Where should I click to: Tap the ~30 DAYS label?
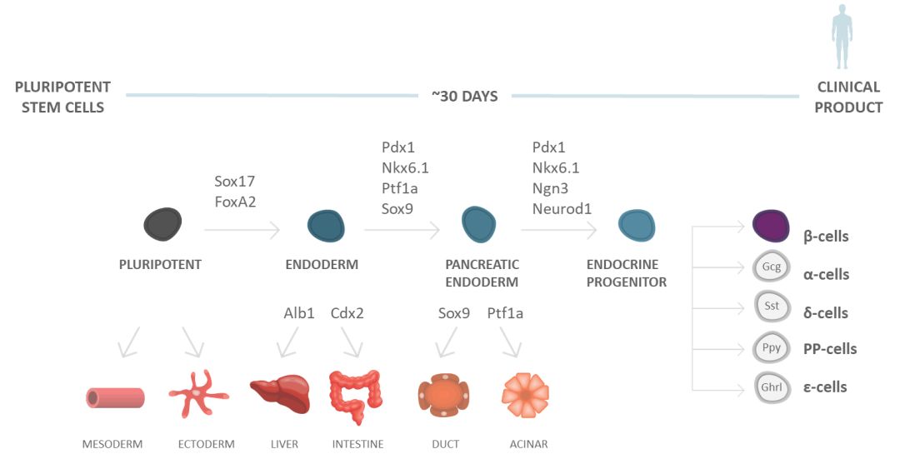pos(464,96)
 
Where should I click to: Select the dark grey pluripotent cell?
pos(162,223)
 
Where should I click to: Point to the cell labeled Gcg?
pos(772,267)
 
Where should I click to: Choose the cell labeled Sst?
pos(772,306)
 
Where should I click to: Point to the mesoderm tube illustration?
pos(115,397)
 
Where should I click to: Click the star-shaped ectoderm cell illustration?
pos(198,392)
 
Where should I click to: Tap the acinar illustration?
pos(526,394)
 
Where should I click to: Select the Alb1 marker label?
pos(299,313)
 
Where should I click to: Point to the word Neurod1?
pos(562,209)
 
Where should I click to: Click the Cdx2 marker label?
pos(347,313)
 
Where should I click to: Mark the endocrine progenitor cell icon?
pos(637,224)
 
